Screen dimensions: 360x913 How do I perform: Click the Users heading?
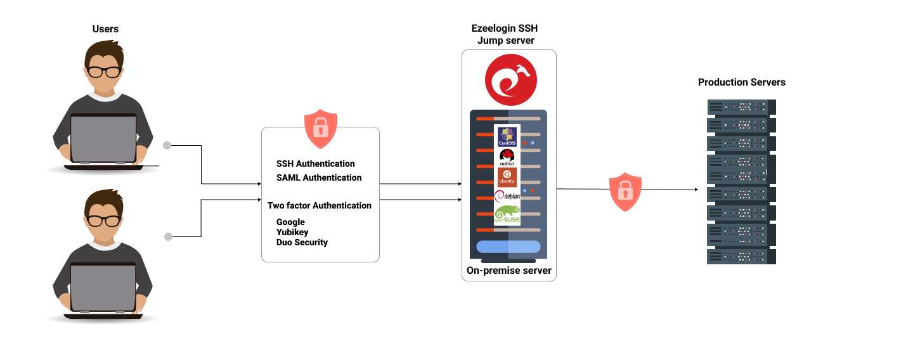pos(105,29)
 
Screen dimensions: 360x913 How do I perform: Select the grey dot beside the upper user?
pos(167,145)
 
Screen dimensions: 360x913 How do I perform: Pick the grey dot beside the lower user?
pos(168,236)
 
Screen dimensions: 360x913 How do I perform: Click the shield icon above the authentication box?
pos(321,128)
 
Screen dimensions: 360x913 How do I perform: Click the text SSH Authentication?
pos(316,164)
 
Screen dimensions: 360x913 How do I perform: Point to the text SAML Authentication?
pos(319,177)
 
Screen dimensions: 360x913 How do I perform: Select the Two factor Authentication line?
pos(320,205)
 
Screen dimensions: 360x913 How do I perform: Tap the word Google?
pos(290,222)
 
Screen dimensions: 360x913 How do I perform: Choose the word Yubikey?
pos(292,232)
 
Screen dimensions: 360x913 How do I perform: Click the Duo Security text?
pos(302,242)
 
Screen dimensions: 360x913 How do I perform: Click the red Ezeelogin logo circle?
pos(510,80)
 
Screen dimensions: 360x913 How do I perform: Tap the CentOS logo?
pos(507,136)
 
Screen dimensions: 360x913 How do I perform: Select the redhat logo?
pos(507,157)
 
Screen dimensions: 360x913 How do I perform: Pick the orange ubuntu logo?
pos(507,177)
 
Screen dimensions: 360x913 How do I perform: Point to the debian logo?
pos(507,196)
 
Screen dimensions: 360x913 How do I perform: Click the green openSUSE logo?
pos(507,215)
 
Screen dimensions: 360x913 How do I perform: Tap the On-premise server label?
pos(509,271)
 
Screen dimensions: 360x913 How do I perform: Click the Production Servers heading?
pos(741,82)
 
